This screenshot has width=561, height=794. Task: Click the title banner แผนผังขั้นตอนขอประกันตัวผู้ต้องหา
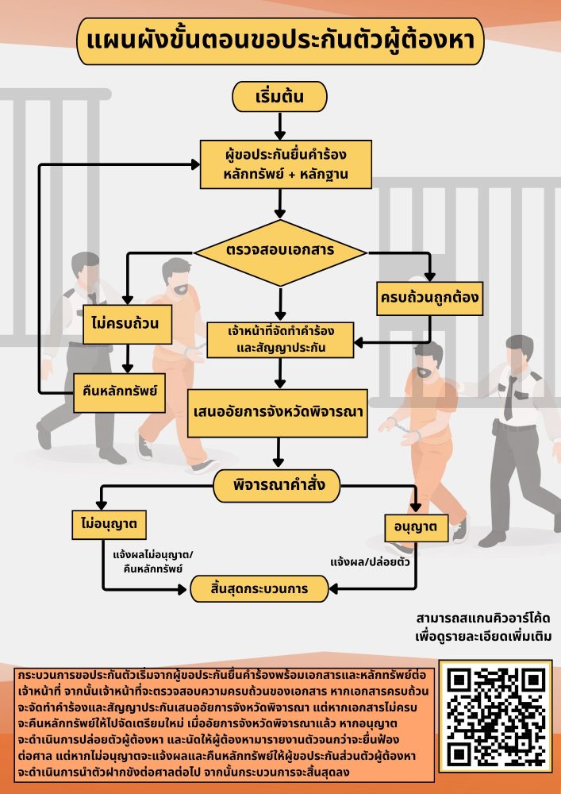[279, 41]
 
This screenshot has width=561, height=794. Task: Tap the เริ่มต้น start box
[279, 97]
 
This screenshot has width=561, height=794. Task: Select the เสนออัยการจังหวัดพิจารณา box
[279, 413]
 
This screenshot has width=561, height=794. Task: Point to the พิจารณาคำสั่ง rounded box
[277, 484]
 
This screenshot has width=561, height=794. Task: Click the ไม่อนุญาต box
[109, 525]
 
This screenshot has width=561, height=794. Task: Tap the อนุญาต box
[415, 525]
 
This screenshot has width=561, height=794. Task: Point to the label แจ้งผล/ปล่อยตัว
[370, 561]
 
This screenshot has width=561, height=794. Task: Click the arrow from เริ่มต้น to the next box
[279, 125]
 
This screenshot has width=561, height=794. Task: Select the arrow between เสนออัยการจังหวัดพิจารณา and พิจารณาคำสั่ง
[279, 453]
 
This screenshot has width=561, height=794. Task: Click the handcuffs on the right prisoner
[406, 433]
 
